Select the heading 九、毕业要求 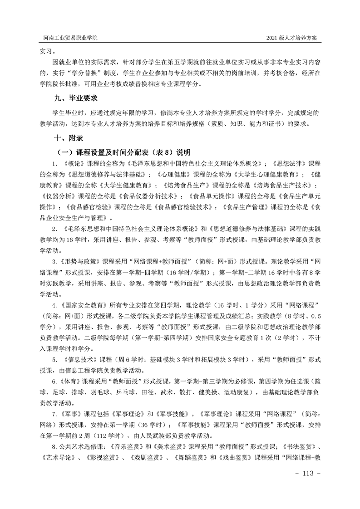(76, 98)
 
